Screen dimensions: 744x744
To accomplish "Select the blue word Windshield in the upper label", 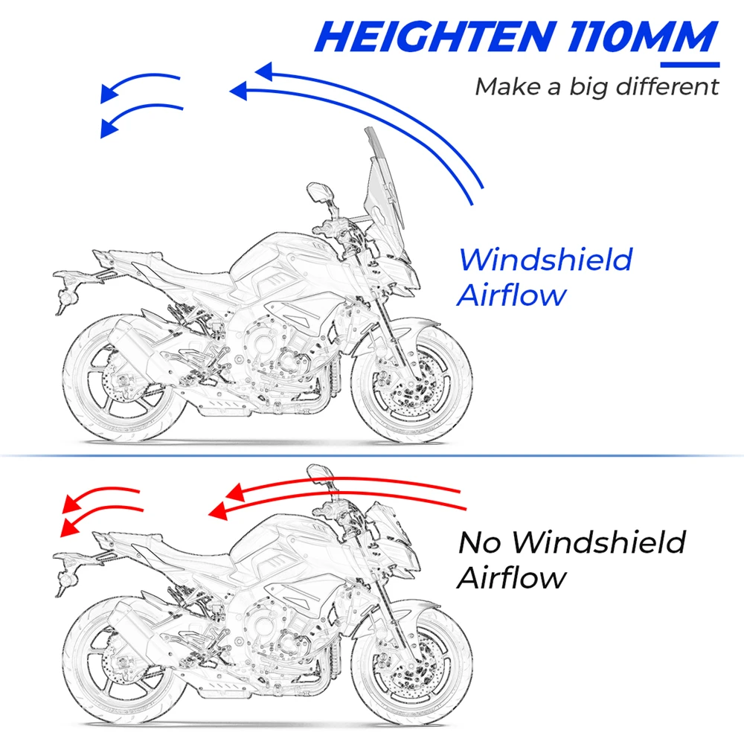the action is pyautogui.click(x=545, y=260).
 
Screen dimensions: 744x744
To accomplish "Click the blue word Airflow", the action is pyautogui.click(x=511, y=295).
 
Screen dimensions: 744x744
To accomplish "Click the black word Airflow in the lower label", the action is pyautogui.click(x=511, y=577).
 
